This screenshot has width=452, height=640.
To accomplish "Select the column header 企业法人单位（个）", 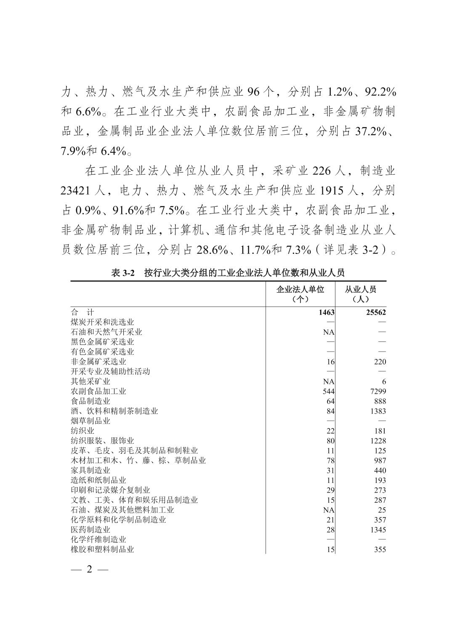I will click(300, 294).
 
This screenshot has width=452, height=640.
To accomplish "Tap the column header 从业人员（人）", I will click(360, 294).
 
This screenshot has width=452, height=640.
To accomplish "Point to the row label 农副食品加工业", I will click(98, 391).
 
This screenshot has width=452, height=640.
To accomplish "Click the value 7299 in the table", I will click(376, 391).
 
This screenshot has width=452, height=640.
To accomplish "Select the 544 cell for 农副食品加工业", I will click(328, 391).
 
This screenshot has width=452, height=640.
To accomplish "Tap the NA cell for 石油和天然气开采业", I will click(329, 332).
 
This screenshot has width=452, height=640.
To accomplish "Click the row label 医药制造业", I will click(90, 529).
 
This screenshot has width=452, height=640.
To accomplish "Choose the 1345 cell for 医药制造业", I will click(376, 530).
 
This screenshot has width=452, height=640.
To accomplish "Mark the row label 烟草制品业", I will click(90, 421).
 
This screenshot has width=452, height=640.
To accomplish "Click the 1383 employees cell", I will click(376, 411).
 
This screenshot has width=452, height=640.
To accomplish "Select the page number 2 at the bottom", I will click(89, 570).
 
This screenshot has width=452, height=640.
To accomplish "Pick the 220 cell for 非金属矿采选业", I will click(380, 362).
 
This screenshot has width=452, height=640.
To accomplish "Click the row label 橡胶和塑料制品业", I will click(102, 549).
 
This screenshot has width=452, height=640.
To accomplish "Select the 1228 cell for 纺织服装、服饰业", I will click(376, 440).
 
